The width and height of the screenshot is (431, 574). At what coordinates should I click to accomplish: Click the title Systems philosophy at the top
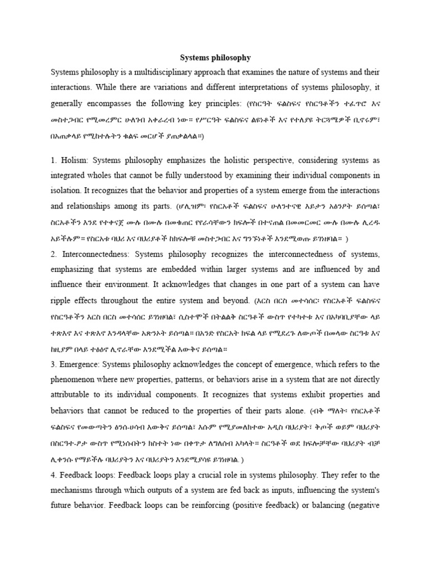coord(215,57)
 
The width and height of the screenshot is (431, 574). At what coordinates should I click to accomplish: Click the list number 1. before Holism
coord(54,161)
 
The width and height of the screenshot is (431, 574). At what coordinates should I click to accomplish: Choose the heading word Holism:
coord(74,161)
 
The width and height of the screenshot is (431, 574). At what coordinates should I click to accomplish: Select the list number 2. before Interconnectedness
coord(54,253)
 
